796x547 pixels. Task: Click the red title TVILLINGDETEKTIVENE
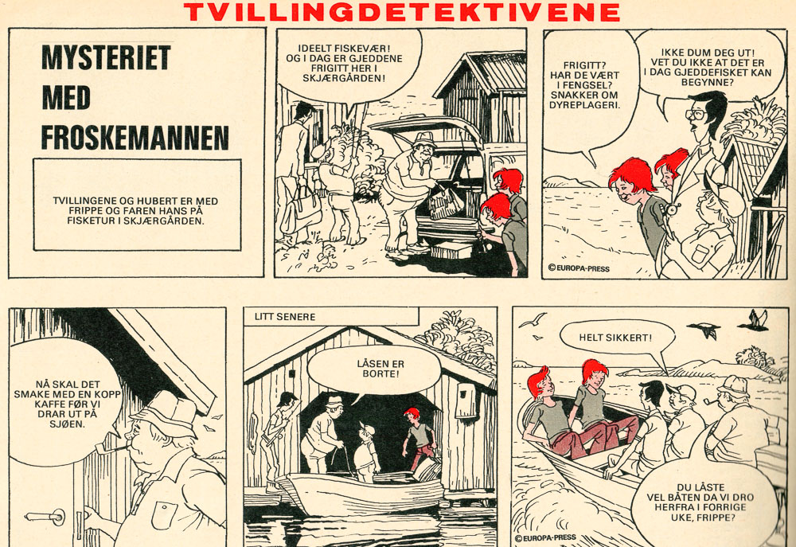click(401, 12)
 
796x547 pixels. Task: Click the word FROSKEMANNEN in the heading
click(135, 137)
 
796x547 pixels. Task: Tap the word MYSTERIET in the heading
click(106, 57)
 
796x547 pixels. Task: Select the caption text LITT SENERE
click(285, 317)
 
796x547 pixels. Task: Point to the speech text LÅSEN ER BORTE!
click(380, 369)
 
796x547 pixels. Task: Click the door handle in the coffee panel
click(45, 517)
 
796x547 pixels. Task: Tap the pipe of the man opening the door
click(112, 447)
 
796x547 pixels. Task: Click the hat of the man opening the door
click(164, 412)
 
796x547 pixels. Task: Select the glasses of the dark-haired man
click(696, 113)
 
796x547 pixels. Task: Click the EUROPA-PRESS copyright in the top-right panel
click(579, 268)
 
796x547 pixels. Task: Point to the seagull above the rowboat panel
click(533, 319)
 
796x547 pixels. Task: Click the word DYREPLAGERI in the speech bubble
click(583, 105)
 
